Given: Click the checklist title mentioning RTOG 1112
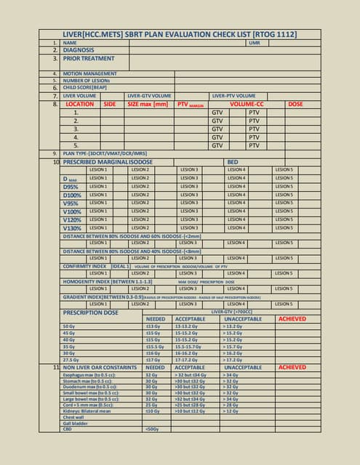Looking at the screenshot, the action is coord(180,34).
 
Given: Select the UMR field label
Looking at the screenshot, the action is coord(254,43).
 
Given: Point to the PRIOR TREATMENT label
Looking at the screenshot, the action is coord(88,58).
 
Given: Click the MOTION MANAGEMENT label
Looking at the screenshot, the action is coord(89,73).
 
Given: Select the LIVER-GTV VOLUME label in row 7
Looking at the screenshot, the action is coord(149,95).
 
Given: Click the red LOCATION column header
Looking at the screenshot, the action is coord(79,104).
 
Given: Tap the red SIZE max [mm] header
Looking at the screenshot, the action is coord(148,104).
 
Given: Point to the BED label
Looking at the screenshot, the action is coord(233,161).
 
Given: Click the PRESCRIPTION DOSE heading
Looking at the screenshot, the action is coord(90,312).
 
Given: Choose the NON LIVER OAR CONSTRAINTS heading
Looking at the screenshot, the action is coord(100,368).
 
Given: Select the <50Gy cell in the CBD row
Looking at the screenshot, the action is coord(153,430).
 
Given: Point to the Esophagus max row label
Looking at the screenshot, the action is coord(91,375).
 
